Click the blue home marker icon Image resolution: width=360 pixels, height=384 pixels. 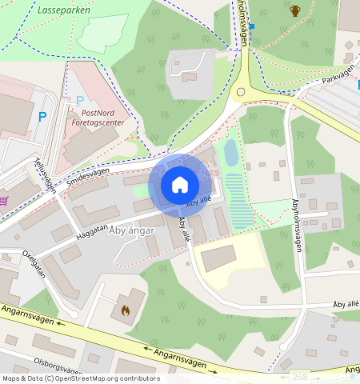point(180,185)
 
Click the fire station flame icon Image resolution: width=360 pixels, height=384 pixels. point(124,309)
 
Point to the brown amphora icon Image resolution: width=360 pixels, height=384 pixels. point(295,10)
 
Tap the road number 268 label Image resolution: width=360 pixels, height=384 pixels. point(300,376)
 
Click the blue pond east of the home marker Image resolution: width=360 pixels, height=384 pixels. point(230,152)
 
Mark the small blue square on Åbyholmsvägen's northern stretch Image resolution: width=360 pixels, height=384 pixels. point(251,26)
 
